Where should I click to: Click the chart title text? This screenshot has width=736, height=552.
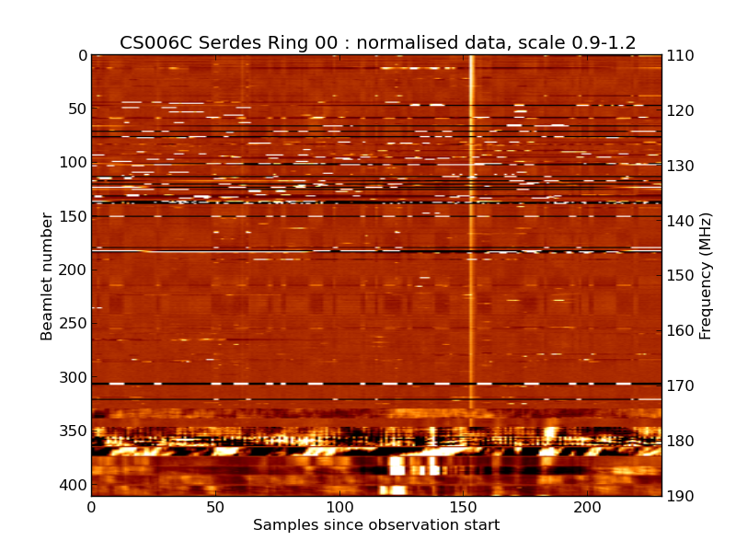pyautogui.click(x=377, y=42)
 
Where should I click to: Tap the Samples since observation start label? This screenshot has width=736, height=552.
pyautogui.click(x=376, y=525)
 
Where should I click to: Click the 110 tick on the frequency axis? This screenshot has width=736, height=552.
pyautogui.click(x=681, y=55)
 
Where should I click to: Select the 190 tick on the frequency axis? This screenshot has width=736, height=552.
pyautogui.click(x=681, y=497)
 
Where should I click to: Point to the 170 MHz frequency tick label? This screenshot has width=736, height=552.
pyautogui.click(x=681, y=386)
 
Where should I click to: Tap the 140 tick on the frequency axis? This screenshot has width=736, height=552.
pyautogui.click(x=681, y=221)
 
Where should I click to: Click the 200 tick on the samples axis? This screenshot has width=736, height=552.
pyautogui.click(x=587, y=508)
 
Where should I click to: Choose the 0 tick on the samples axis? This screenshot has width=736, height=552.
pyautogui.click(x=91, y=508)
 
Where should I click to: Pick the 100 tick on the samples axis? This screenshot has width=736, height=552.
pyautogui.click(x=339, y=508)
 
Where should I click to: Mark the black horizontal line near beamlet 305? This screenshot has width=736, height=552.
pyautogui.click(x=276, y=383)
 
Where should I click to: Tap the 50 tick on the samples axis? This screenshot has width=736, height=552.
pyautogui.click(x=215, y=508)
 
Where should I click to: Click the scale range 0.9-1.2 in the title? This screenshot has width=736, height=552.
pyautogui.click(x=597, y=42)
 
